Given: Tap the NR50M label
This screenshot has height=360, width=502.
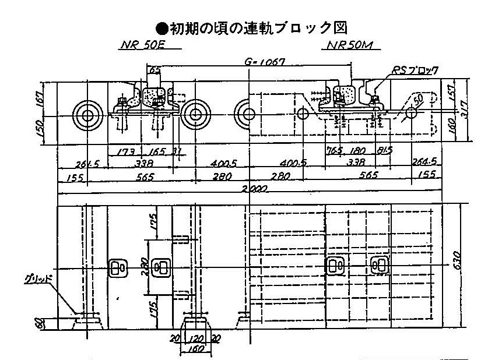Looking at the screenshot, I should tap(348, 44).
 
